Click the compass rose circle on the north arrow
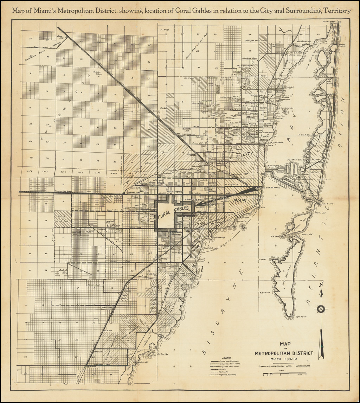(321, 309)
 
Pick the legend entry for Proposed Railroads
(227, 375)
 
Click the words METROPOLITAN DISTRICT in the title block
(283, 353)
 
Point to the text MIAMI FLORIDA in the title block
(283, 359)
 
